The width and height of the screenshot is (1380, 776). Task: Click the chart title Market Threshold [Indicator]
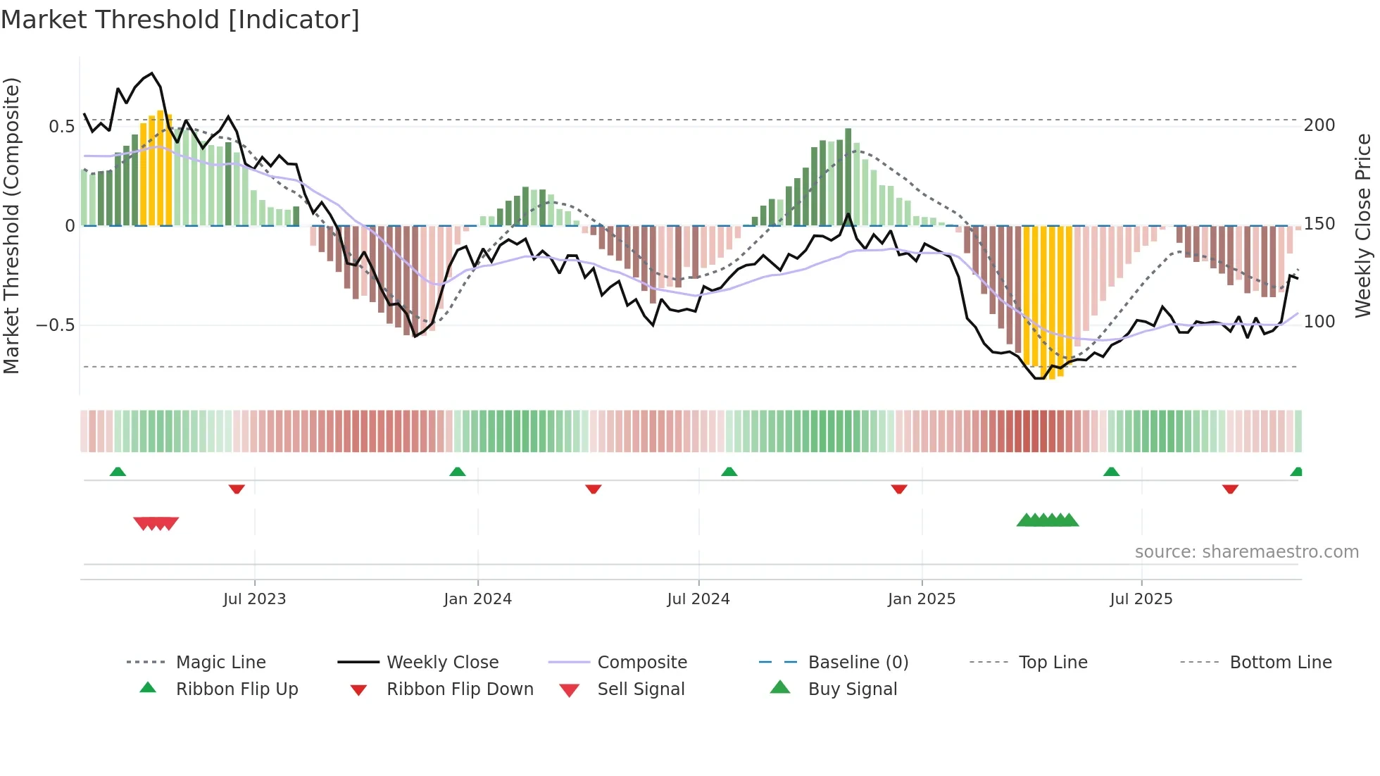point(180,20)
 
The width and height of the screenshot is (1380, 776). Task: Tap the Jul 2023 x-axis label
point(254,599)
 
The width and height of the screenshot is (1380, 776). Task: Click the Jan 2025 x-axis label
point(921,599)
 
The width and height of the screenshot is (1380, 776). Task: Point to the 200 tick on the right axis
point(1319,125)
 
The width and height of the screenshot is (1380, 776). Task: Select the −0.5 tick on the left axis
point(55,325)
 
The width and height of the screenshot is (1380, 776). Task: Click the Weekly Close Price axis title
point(1363,225)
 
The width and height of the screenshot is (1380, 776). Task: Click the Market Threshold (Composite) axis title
point(11,225)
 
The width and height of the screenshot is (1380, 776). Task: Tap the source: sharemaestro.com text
point(1246,552)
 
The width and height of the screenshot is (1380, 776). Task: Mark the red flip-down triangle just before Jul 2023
point(237,489)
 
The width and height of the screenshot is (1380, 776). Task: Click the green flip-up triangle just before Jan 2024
point(458,472)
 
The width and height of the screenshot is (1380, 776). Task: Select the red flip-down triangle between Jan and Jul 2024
point(594,489)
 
